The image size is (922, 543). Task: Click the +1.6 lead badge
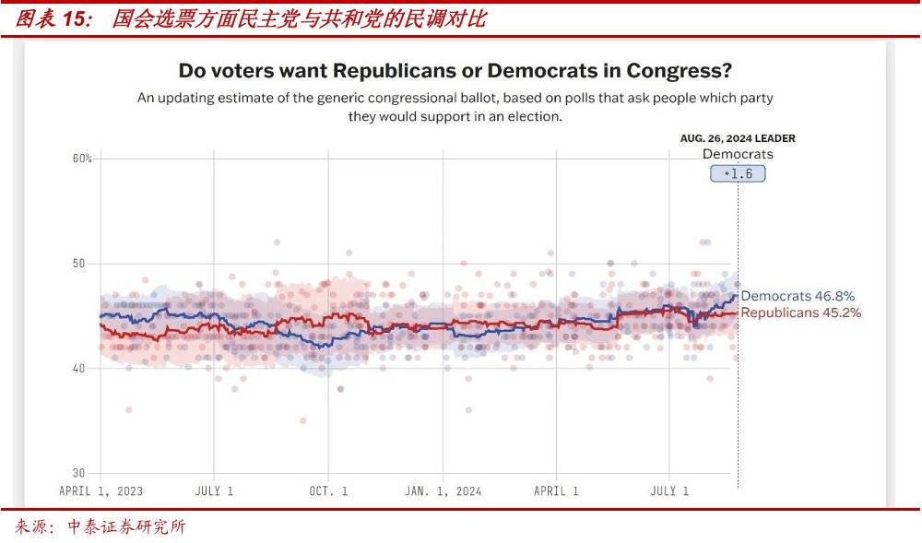click(x=738, y=173)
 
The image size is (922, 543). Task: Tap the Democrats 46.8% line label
click(x=798, y=296)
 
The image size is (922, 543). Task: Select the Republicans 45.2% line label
click(x=801, y=313)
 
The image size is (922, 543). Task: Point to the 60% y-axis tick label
click(x=82, y=159)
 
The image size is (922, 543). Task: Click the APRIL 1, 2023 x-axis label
click(x=100, y=491)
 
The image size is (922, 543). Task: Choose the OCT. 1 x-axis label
click(x=328, y=491)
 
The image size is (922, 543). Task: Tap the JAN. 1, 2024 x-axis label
click(x=443, y=491)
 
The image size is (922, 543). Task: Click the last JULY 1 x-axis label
click(x=669, y=491)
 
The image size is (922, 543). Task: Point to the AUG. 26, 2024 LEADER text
click(x=738, y=138)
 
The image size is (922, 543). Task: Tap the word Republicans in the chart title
click(x=399, y=71)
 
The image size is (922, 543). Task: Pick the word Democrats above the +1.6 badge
click(x=738, y=154)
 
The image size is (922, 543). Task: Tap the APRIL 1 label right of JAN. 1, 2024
click(x=556, y=491)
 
